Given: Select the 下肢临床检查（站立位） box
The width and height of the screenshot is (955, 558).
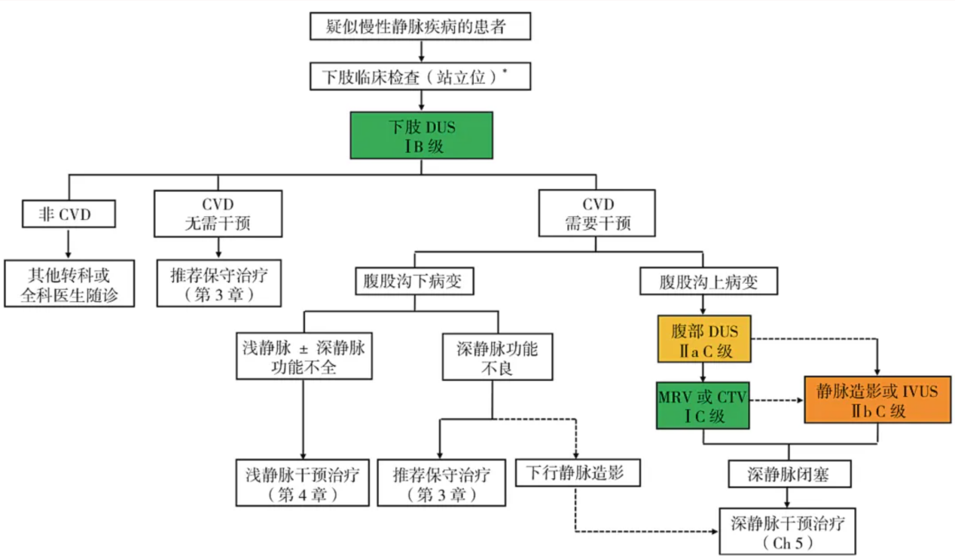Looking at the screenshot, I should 421,76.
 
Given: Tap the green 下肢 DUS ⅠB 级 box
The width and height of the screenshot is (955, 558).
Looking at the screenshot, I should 421,136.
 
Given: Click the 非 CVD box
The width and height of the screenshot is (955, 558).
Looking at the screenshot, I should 69,215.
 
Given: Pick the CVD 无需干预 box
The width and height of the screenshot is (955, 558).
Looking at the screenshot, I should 218,214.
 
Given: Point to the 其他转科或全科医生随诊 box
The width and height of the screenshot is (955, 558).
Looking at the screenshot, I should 69,283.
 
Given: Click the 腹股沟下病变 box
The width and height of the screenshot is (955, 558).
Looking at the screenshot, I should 413,282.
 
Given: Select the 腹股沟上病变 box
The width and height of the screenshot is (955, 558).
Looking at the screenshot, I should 708,282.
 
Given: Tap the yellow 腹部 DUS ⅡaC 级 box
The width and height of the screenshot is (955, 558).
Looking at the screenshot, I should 703,340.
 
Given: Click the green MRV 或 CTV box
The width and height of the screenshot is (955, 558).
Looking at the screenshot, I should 703,405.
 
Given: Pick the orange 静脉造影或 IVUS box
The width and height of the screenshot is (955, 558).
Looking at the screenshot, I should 878,400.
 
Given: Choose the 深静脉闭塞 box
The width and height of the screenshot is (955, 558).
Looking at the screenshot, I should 789,474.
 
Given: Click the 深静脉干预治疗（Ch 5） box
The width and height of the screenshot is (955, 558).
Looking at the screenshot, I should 788,531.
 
